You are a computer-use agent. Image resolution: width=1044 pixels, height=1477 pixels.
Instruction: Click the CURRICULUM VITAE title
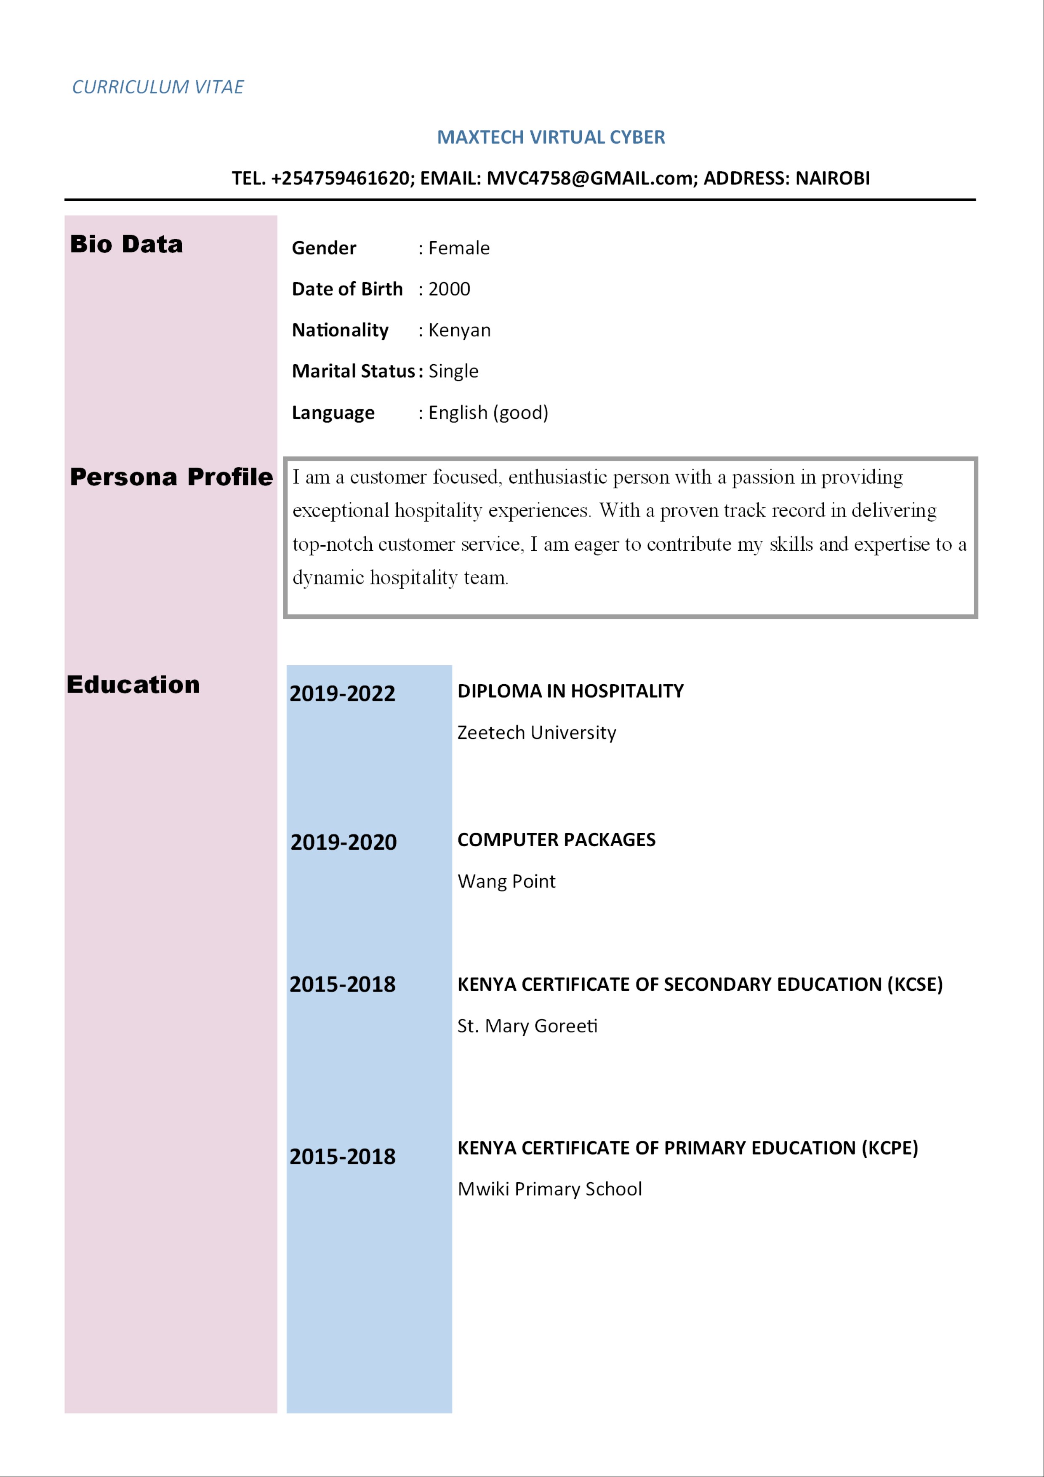[157, 87]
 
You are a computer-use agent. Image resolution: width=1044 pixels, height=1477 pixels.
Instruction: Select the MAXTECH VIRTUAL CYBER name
[551, 137]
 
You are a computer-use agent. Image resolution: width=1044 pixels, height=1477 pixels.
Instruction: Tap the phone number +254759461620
[341, 178]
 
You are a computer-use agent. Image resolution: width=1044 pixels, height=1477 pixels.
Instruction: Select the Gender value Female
[458, 248]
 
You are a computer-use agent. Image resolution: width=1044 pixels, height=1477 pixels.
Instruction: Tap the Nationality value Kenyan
[459, 331]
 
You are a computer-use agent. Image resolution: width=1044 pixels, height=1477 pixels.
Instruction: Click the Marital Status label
[353, 371]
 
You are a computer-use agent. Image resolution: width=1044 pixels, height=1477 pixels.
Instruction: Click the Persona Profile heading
[171, 477]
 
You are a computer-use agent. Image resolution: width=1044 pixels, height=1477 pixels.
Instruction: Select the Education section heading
[133, 685]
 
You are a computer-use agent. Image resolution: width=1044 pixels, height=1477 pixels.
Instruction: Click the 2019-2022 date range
[342, 693]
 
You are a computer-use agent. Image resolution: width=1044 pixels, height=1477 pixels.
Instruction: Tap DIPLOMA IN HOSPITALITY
[570, 691]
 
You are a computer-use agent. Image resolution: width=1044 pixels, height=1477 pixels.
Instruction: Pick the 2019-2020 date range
[344, 842]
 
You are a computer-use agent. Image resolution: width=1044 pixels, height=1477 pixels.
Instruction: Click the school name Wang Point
[506, 881]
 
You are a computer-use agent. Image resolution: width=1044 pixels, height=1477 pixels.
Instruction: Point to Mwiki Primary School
[549, 1189]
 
